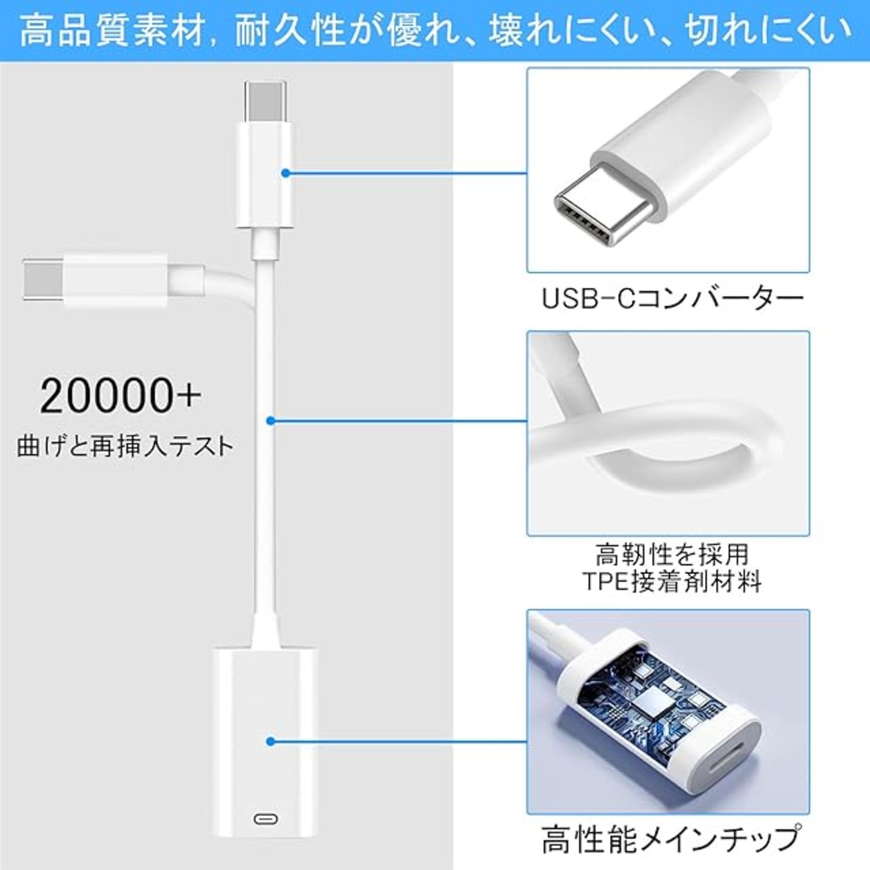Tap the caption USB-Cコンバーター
pos(672,298)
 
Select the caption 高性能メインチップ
pos(669,839)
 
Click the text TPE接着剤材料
pos(672,582)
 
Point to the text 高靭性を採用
pos(672,555)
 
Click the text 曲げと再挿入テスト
pos(125,446)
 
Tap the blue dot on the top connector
pos(286,173)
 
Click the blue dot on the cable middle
pos(271,421)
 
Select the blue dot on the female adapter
pos(271,742)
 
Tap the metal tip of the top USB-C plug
pos(265,99)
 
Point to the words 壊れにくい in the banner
pos(572,31)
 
